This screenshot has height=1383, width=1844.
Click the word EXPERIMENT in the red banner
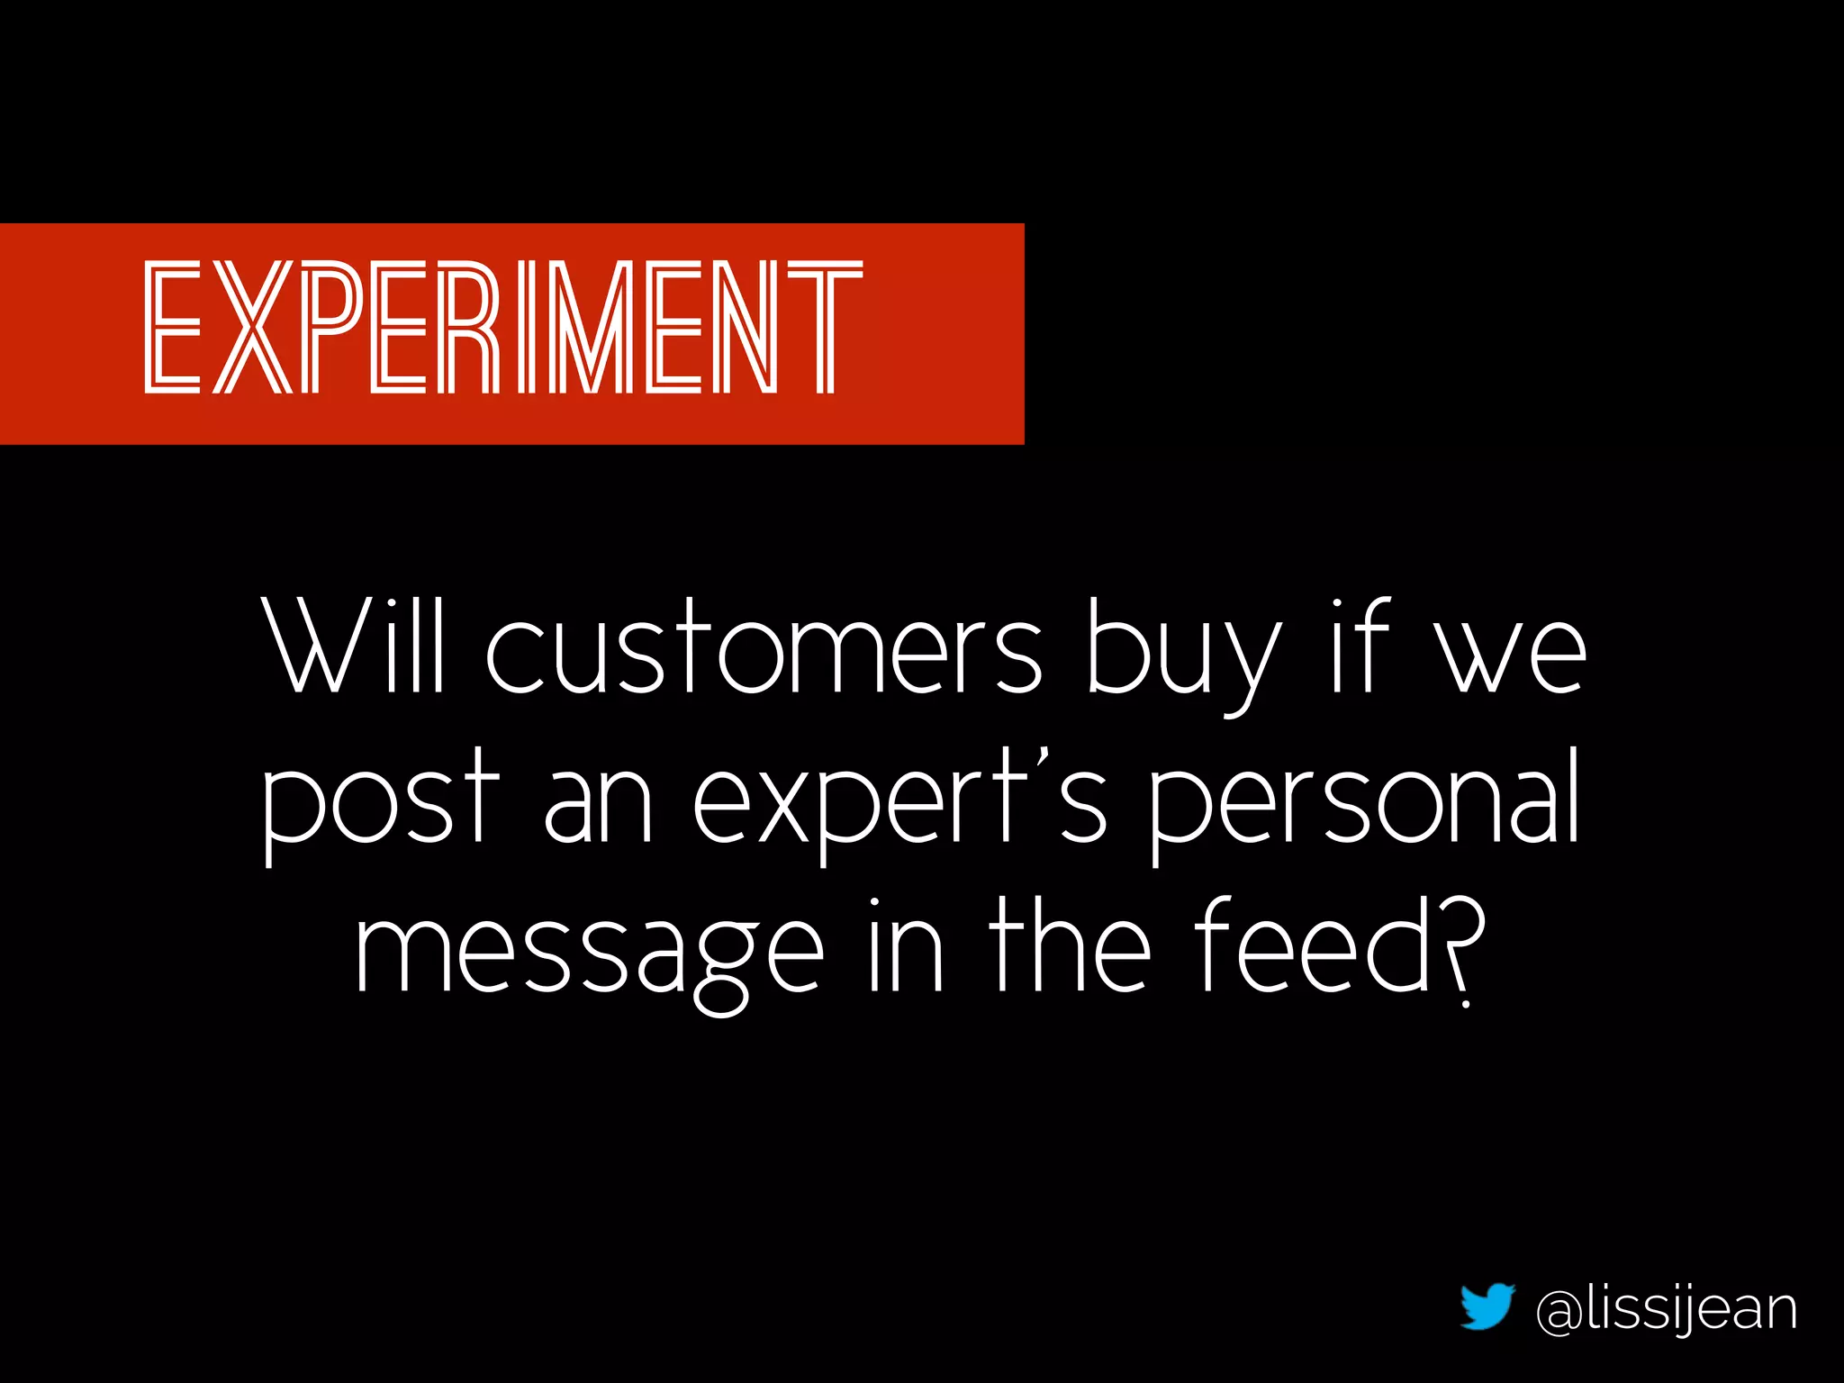click(x=503, y=328)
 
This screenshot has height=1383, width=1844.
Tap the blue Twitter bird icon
click(x=1487, y=1306)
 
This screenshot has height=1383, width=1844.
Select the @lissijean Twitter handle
click(x=1667, y=1311)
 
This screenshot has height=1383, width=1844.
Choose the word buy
click(x=1184, y=653)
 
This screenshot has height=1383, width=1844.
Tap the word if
click(x=1360, y=646)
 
